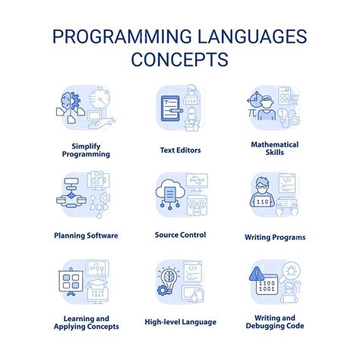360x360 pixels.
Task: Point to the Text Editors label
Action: [179, 150]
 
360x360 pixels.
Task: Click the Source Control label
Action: [179, 235]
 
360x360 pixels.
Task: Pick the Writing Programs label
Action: [274, 237]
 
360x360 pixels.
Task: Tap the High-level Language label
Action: [179, 321]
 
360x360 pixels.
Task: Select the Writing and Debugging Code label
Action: [274, 321]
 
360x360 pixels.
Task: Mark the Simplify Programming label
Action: [86, 149]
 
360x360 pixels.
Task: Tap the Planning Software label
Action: [86, 235]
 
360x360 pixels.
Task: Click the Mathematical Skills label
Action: [274, 149]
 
